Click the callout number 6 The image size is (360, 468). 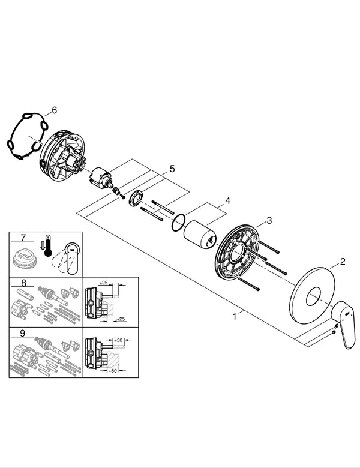(54, 110)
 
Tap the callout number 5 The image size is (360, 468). (172, 169)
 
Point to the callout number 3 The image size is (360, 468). (269, 220)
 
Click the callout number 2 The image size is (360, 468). (342, 261)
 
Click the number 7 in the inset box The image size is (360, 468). (23, 238)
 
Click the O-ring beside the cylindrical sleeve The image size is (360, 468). (177, 221)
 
